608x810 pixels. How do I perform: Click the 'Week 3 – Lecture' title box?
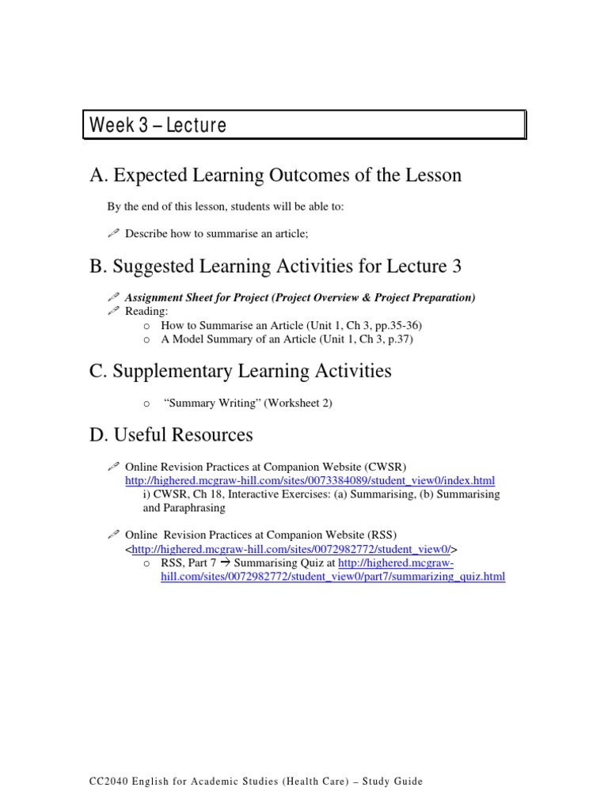[x=304, y=126]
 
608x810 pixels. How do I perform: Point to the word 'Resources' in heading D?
[x=214, y=434]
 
